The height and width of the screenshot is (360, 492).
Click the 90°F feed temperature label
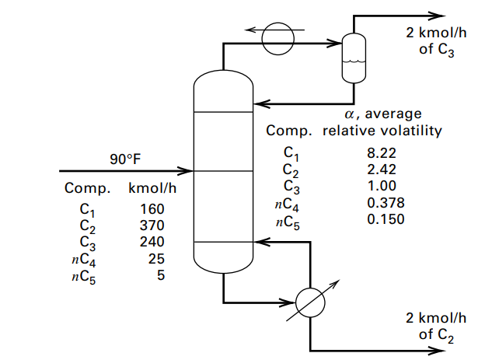tap(125, 159)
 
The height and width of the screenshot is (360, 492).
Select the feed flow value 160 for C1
tap(152, 209)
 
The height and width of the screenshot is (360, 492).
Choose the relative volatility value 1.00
tap(382, 186)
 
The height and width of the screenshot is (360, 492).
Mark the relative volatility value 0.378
tap(385, 202)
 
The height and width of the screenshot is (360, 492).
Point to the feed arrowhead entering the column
tap(186, 170)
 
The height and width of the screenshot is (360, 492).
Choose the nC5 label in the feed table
tap(85, 274)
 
